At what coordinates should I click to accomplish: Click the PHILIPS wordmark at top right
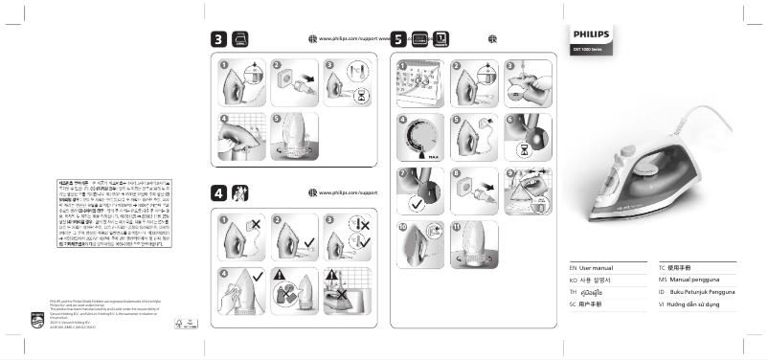click(x=591, y=33)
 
